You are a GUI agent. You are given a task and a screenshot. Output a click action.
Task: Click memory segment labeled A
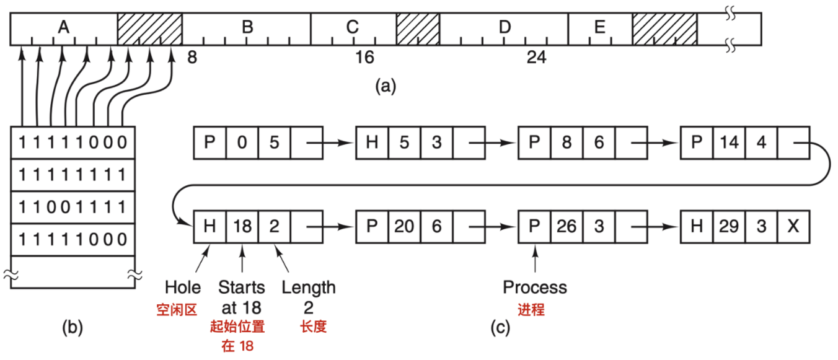tap(63, 28)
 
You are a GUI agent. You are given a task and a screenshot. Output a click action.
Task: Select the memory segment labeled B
tap(247, 28)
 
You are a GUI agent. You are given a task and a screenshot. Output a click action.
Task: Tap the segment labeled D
tap(505, 28)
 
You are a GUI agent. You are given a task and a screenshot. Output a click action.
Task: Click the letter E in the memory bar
tap(599, 28)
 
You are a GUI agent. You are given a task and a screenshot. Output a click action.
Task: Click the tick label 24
tap(537, 58)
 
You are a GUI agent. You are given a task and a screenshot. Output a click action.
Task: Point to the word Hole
tap(183, 288)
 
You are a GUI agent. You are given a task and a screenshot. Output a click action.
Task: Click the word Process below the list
tap(534, 288)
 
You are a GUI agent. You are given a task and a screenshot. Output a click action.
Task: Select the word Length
tap(309, 288)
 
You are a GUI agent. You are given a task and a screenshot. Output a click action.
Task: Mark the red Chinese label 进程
tap(532, 310)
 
